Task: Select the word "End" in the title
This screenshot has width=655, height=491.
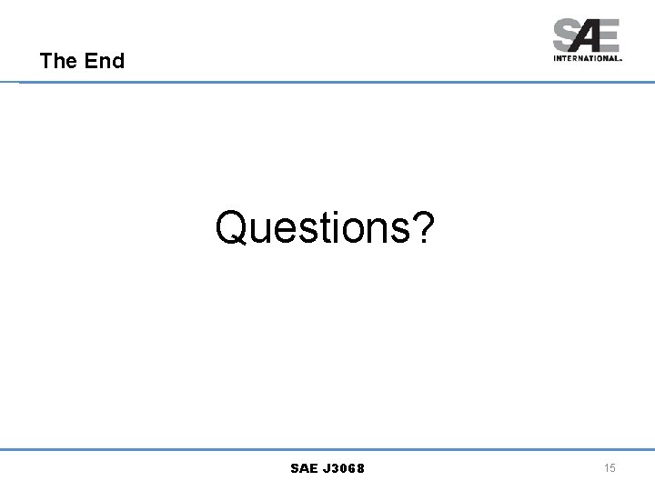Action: [104, 62]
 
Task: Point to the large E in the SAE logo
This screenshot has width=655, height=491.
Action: [609, 36]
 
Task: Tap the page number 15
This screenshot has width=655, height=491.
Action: [610, 467]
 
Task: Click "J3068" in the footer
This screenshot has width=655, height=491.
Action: [347, 468]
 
